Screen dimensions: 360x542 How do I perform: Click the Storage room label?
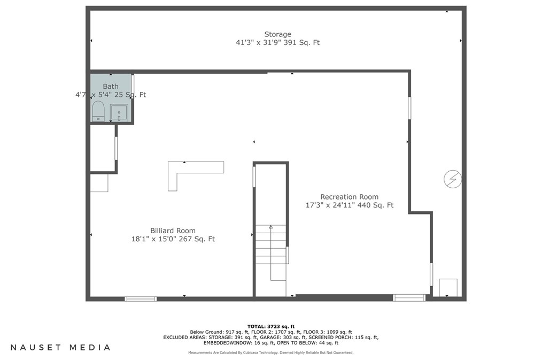[x=277, y=34]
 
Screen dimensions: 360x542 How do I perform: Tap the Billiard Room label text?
[x=173, y=231]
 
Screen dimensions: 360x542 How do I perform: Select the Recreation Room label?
[x=349, y=197]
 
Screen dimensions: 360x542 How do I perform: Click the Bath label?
[x=111, y=86]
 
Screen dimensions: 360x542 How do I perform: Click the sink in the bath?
[x=119, y=112]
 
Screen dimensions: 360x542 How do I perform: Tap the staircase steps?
[x=271, y=244]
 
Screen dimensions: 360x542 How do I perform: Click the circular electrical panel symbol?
[x=452, y=179]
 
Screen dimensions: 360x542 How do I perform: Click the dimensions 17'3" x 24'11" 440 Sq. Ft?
[x=349, y=205]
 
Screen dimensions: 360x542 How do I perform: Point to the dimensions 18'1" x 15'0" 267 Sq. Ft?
[x=173, y=239]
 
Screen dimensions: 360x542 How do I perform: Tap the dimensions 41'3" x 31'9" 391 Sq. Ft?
[x=277, y=42]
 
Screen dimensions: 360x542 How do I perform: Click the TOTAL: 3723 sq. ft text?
[x=270, y=326]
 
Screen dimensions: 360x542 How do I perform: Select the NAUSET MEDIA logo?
[x=60, y=347]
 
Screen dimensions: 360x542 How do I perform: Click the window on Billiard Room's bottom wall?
[x=141, y=298]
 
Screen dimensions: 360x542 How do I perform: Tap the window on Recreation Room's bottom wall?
[x=409, y=298]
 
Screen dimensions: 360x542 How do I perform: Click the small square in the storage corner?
[x=448, y=287]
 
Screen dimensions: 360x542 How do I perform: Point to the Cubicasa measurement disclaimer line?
[x=270, y=353]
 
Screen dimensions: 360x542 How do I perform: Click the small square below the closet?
[x=99, y=182]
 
